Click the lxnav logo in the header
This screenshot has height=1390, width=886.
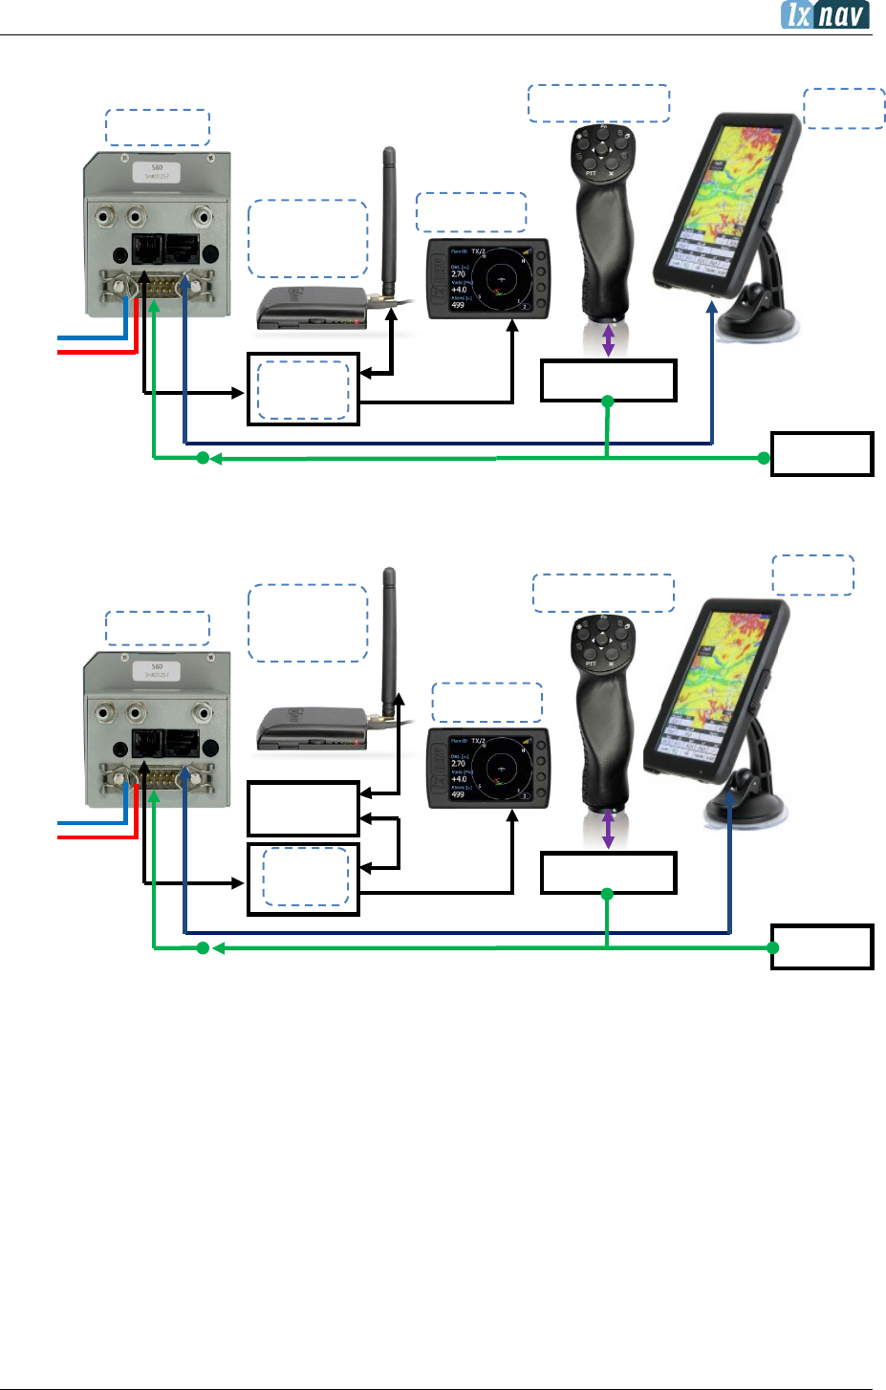824,14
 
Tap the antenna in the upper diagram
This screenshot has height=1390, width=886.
389,220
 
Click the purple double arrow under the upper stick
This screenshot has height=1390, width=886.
608,341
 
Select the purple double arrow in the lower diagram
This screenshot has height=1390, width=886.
608,829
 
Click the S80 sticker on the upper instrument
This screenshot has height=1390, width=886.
158,172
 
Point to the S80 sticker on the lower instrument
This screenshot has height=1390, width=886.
158,670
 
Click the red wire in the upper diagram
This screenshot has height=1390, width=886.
96,352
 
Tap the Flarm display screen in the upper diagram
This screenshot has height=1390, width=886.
487,278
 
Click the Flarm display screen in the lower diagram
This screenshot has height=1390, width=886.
487,768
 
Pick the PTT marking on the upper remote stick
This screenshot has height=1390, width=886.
592,173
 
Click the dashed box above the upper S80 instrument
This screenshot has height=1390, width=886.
157,127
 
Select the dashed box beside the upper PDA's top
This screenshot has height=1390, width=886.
844,108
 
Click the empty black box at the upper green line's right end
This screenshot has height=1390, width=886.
822,454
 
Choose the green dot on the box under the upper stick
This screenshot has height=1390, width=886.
608,402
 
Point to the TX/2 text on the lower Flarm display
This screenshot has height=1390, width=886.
479,741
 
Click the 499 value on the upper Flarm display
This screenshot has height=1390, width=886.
458,306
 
